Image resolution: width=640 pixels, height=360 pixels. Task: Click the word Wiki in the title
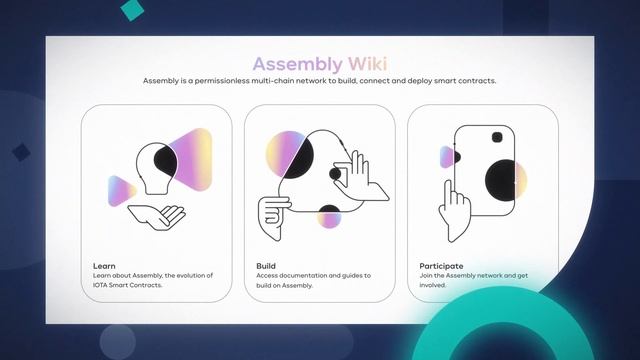(364, 64)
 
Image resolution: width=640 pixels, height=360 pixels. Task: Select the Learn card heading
(104, 266)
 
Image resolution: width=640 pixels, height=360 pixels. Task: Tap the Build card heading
(266, 266)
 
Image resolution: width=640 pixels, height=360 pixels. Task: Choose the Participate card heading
(441, 266)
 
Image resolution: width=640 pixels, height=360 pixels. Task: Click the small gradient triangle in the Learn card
(121, 189)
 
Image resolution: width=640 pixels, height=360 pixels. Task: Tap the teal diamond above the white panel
(131, 9)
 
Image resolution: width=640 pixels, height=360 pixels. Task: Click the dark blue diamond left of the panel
(20, 152)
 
